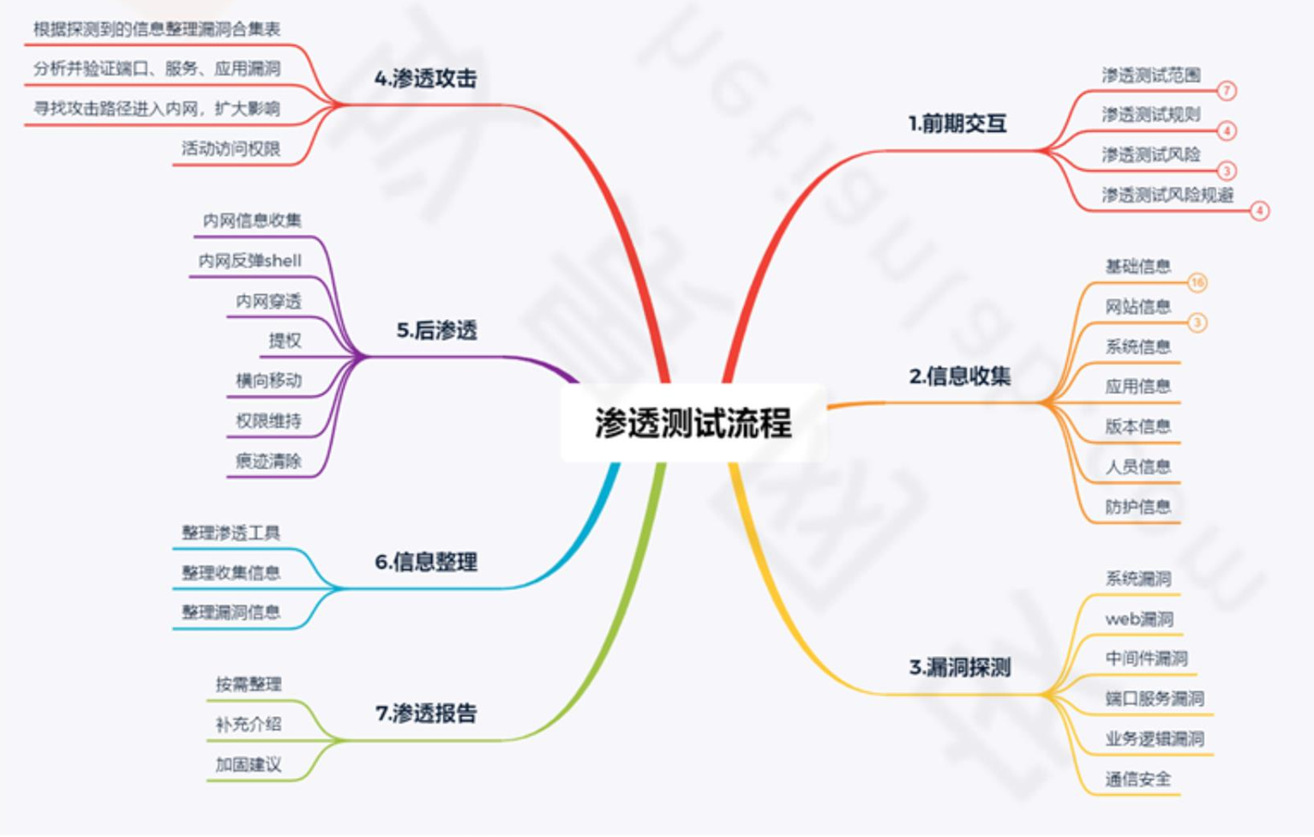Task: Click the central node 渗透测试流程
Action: [693, 423]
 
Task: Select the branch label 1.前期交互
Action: [957, 123]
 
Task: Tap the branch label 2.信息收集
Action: [960, 376]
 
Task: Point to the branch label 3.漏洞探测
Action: [960, 667]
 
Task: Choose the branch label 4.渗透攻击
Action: [425, 79]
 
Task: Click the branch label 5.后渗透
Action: [436, 330]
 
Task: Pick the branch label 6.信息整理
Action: [426, 562]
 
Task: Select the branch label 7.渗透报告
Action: [426, 713]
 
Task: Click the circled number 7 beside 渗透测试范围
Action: [1227, 91]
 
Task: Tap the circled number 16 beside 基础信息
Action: [1197, 282]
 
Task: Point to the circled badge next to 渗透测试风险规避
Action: [1259, 211]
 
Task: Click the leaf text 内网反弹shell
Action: [250, 261]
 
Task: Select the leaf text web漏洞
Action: [1139, 618]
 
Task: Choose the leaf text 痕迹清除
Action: [268, 461]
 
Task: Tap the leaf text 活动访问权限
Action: [231, 148]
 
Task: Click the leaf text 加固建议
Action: [248, 764]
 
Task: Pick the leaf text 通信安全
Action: [1137, 779]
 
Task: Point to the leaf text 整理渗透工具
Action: [231, 533]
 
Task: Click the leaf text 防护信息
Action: [1137, 507]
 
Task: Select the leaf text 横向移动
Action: [268, 381]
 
